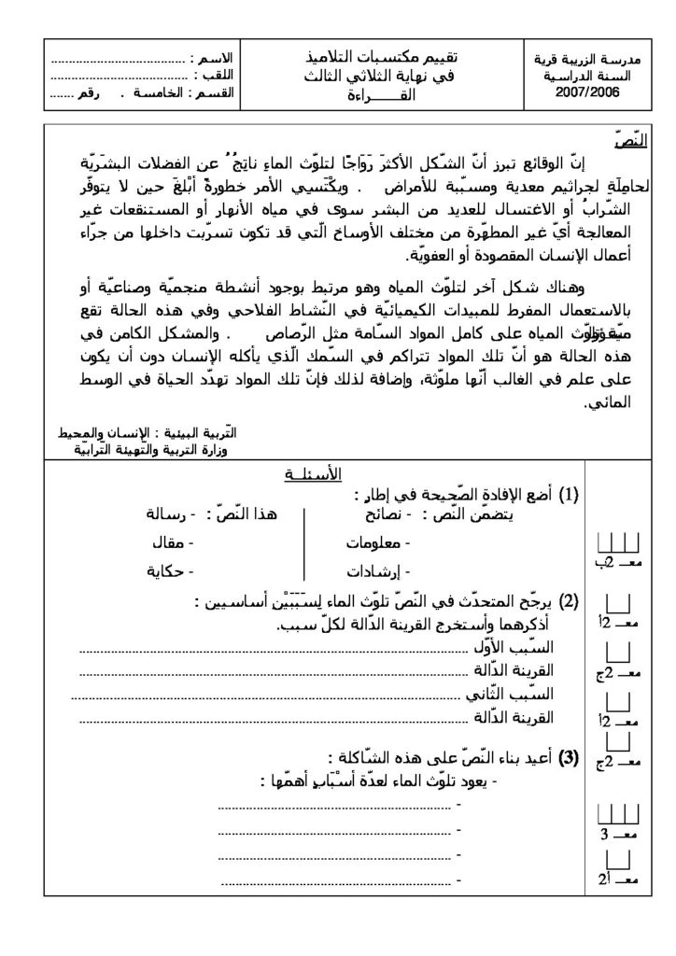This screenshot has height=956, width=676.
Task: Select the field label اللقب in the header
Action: click(216, 76)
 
